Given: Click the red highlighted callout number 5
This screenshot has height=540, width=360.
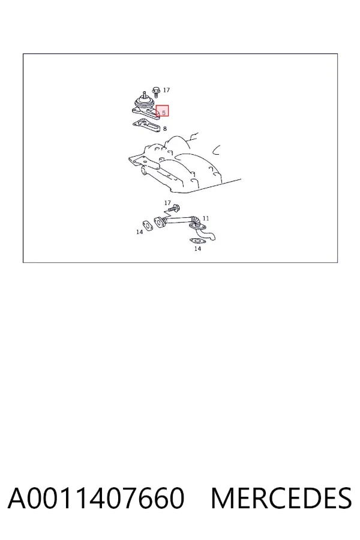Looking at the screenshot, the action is pos(164,113).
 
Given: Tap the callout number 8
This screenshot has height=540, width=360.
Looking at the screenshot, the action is pos(165,128).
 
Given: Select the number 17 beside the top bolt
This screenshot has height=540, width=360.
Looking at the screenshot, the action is pos(166,90).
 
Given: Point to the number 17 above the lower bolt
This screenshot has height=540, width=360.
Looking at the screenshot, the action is pos(167,203).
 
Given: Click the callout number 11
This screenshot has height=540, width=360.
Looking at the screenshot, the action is pos(206,218).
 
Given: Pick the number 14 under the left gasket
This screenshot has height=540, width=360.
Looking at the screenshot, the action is pos(139,232).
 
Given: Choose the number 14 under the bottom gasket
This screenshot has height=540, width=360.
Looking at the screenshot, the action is pos(197,248).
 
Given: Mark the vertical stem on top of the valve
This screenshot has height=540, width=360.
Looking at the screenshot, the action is pos(144,94).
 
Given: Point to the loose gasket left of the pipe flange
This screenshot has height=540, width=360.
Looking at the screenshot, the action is pos(148,226).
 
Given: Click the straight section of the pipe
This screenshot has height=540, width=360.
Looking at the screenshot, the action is pos(178,220).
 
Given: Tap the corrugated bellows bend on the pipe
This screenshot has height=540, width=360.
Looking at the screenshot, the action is pos(196,220).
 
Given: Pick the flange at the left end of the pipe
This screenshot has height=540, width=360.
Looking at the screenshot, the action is pos(160,222).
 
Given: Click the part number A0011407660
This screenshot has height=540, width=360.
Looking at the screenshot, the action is pos(96,498).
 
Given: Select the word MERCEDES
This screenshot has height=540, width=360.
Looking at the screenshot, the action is pos(281,498).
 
